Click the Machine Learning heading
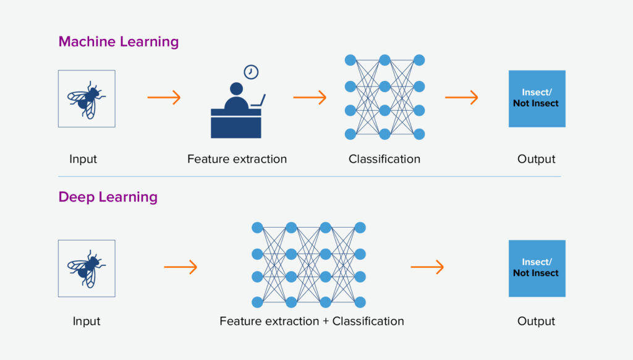(x=118, y=42)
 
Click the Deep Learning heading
(x=108, y=197)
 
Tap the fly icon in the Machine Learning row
(x=87, y=98)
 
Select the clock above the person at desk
(x=251, y=72)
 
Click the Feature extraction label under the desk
(x=237, y=159)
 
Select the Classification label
(x=384, y=159)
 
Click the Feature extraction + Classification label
(x=312, y=321)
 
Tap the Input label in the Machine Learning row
(x=83, y=159)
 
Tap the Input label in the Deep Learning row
(x=86, y=321)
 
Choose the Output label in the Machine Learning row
(x=536, y=159)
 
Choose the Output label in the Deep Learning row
(x=536, y=321)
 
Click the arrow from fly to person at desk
(x=164, y=97)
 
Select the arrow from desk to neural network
(x=310, y=97)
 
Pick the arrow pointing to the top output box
(x=462, y=97)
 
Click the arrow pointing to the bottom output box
(x=427, y=267)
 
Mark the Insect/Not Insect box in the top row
(x=537, y=98)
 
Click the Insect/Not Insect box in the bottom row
(x=537, y=268)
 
